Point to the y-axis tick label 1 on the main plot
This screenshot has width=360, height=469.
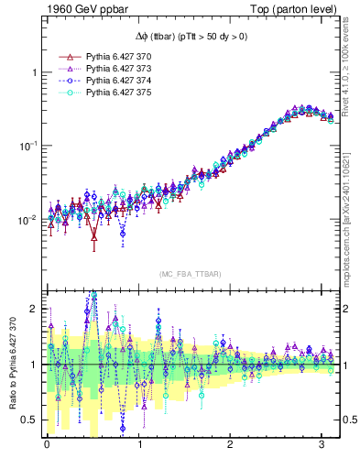[34, 72]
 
